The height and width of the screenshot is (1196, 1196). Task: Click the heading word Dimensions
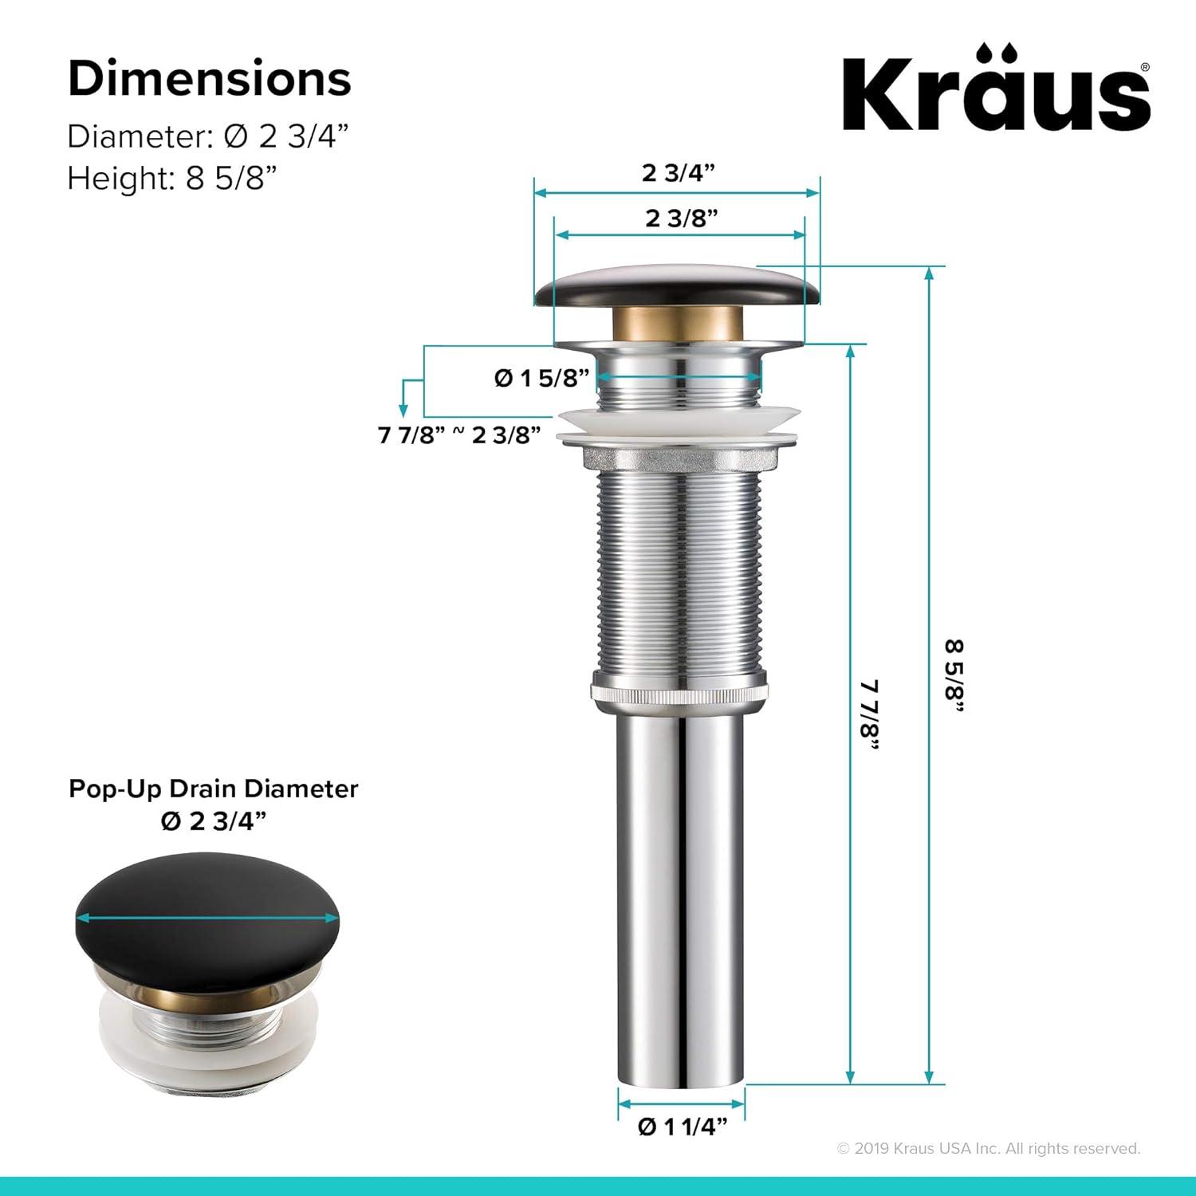point(210,79)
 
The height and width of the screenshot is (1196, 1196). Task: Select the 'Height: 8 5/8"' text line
point(171,178)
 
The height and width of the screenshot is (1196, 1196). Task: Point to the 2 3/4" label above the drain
point(678,172)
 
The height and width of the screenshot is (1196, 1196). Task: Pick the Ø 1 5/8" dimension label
point(541,377)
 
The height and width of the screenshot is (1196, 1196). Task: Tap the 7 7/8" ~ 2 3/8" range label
point(460,435)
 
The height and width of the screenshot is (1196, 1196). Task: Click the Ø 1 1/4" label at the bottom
point(683,1127)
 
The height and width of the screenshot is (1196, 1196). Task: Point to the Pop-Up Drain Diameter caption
point(214,789)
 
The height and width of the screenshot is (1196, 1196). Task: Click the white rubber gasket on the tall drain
point(678,422)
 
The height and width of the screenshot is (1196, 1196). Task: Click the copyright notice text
point(989,1148)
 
